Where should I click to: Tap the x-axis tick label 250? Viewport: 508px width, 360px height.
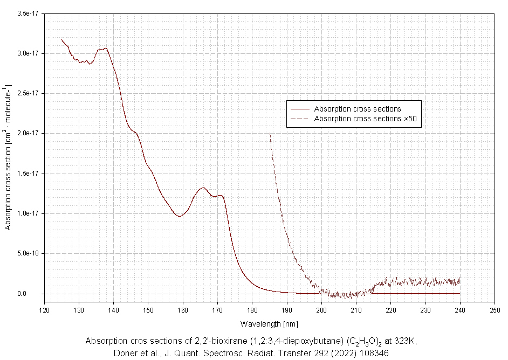pos(495,310)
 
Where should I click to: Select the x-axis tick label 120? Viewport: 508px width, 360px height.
pos(44,310)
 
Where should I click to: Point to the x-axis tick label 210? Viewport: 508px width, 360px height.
pos(356,310)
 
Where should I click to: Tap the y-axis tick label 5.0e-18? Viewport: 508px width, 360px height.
pos(29,253)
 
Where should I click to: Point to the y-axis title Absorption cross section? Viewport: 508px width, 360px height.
pos(8,156)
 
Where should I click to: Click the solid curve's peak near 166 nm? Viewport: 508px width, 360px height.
pos(203,188)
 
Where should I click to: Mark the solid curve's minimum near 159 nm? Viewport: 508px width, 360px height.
pos(179,216)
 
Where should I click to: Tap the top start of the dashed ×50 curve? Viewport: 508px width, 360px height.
pos(270,133)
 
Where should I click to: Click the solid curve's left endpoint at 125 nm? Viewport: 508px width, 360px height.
pos(62,39)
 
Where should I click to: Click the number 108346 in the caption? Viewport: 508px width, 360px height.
pos(373,353)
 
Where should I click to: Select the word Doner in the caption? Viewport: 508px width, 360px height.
pos(125,353)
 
